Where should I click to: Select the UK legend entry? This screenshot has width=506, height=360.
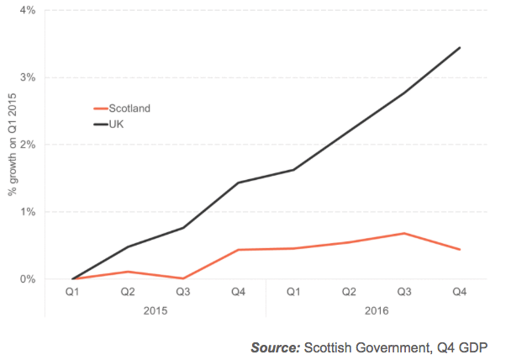(x=118, y=123)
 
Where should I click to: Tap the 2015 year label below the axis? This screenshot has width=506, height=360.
(x=155, y=310)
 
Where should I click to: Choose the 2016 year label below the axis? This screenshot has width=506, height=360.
(x=377, y=310)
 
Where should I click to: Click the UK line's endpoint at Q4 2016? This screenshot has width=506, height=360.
(x=460, y=47)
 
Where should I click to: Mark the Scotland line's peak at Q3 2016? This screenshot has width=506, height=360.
(x=404, y=233)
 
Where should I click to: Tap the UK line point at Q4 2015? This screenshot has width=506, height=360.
(x=239, y=183)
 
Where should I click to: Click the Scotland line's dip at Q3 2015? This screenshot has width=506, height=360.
(x=183, y=278)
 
